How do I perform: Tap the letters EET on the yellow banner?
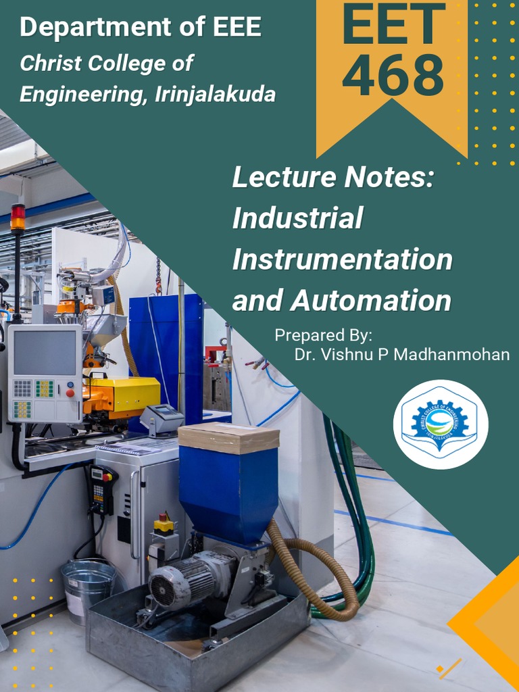click(x=393, y=25)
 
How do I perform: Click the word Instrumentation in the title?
click(x=342, y=259)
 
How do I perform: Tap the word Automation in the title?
click(x=370, y=301)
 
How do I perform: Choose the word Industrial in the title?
click(x=297, y=218)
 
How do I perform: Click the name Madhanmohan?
click(x=450, y=354)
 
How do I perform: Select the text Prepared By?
click(x=324, y=335)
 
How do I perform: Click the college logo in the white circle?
click(x=441, y=424)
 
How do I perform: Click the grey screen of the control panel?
click(x=44, y=353)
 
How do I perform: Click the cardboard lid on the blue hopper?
click(x=228, y=437)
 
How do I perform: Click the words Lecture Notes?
click(x=332, y=178)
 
